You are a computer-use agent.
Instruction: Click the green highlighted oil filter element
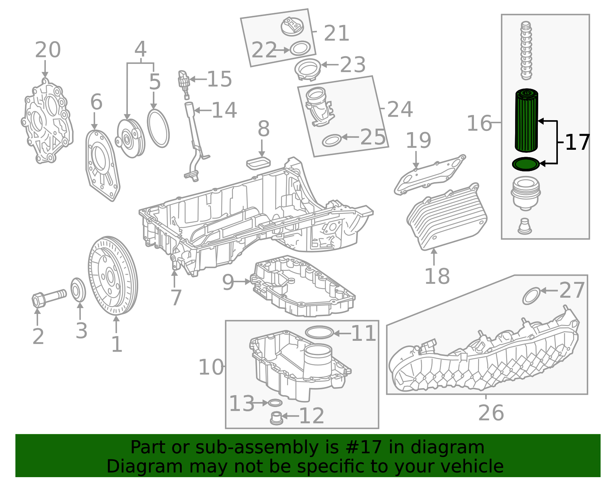tap(526, 120)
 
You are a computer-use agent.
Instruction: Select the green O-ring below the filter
tap(526, 164)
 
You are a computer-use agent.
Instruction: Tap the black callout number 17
tap(577, 143)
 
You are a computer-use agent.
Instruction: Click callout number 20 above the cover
tap(48, 50)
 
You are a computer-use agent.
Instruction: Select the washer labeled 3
tap(79, 290)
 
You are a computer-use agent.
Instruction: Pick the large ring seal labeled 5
tap(158, 128)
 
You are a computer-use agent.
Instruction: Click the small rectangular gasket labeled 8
tap(258, 163)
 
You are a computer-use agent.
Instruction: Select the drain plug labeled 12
tap(276, 419)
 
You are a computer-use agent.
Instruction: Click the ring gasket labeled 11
tap(319, 332)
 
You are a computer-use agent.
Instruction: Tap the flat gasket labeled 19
tap(429, 175)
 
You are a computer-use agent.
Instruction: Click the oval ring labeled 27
tap(531, 296)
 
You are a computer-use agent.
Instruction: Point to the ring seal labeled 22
tap(300, 49)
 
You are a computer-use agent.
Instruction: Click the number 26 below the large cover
tap(491, 413)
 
